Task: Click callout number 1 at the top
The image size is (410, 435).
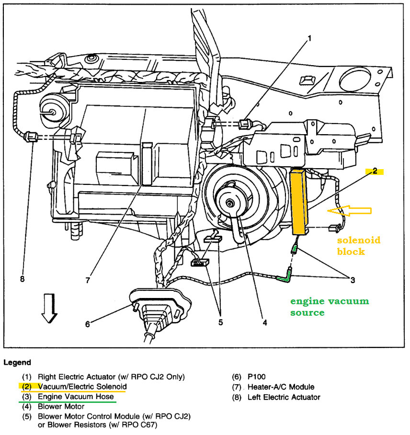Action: [309, 38]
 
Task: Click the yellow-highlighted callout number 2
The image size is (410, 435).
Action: [375, 171]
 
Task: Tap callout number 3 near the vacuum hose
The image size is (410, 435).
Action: [353, 280]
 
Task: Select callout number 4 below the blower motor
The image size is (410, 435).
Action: [264, 322]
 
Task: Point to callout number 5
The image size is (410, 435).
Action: [220, 322]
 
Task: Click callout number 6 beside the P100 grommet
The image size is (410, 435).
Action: [87, 324]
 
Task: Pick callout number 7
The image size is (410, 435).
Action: [88, 280]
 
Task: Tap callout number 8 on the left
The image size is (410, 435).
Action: [22, 279]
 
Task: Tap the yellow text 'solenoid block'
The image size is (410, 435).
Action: [358, 245]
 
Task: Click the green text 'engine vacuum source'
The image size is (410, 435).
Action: [330, 307]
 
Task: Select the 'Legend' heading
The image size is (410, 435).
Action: [18, 362]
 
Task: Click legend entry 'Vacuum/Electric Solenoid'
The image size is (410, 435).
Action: [82, 386]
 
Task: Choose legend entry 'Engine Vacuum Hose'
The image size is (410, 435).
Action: [76, 397]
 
